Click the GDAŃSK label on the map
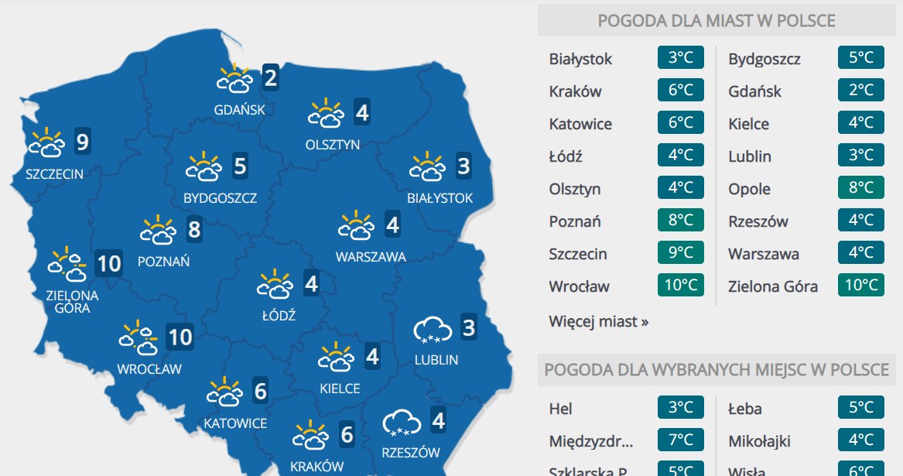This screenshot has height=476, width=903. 239,110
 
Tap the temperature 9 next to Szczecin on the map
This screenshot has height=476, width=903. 82,142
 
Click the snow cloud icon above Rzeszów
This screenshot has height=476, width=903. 402,423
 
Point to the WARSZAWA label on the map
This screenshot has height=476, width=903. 371,257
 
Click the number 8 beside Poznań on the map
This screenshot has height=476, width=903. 193,230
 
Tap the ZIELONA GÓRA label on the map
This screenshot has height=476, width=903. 73,302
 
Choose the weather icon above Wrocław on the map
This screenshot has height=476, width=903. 139,337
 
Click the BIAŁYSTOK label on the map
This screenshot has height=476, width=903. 440,198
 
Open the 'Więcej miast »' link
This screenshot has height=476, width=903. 598,321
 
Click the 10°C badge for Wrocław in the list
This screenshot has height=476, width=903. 681,286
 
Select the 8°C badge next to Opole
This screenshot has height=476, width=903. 860,188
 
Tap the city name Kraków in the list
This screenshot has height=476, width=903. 575,91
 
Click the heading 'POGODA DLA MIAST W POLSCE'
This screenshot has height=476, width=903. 716,21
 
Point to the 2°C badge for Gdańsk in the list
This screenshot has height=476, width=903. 860,91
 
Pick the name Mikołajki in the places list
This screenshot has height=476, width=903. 759,441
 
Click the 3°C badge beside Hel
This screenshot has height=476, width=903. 681,408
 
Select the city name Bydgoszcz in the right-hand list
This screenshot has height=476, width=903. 764,59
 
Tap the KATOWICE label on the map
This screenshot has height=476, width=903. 235,423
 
